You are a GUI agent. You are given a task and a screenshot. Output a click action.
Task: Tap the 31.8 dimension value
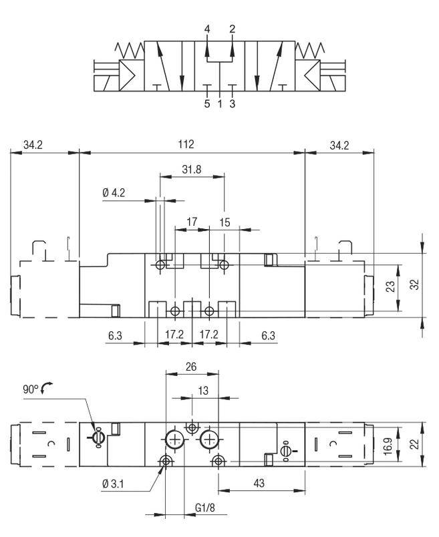(191, 170)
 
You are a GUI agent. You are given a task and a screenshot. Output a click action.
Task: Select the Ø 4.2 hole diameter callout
(114, 193)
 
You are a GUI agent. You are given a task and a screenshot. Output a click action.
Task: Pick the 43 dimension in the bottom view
(259, 483)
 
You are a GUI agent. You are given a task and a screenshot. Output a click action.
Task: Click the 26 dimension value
(191, 366)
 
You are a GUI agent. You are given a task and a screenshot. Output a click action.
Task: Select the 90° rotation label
(31, 388)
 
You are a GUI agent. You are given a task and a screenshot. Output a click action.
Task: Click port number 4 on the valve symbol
(207, 29)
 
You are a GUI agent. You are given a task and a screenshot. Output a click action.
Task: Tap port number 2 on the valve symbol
(232, 29)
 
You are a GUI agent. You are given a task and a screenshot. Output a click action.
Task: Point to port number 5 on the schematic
(207, 104)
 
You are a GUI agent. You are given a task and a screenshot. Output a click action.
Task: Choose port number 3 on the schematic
(232, 104)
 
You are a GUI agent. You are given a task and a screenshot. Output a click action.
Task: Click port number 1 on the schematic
(220, 104)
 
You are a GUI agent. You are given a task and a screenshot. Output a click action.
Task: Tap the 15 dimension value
(225, 222)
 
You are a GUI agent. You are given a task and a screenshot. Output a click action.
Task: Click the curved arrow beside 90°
(47, 387)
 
